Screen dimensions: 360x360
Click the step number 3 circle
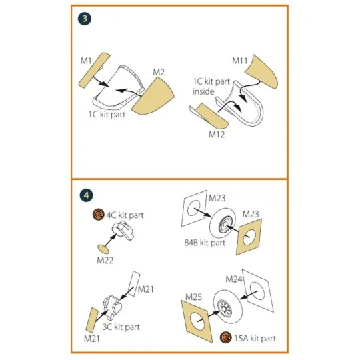(85, 19)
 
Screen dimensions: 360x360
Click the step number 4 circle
(86, 195)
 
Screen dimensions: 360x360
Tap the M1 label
(86, 61)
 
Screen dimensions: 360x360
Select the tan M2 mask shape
(153, 97)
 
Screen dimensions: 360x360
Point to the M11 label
(240, 61)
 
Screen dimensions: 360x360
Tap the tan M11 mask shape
(262, 71)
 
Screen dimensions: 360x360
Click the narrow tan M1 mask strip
(94, 70)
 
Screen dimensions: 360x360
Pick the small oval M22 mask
(103, 249)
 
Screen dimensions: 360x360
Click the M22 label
(105, 261)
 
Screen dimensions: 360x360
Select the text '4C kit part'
(125, 215)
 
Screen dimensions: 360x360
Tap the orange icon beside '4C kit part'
(98, 215)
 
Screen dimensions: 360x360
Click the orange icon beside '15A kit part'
(226, 337)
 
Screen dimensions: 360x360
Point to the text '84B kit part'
(205, 243)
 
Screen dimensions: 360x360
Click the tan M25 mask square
(197, 321)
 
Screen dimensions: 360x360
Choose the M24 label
(234, 279)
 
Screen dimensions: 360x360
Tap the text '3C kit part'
(121, 327)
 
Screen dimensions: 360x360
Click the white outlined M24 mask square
(258, 291)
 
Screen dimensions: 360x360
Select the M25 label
(193, 297)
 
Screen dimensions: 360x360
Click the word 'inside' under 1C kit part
(203, 91)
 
